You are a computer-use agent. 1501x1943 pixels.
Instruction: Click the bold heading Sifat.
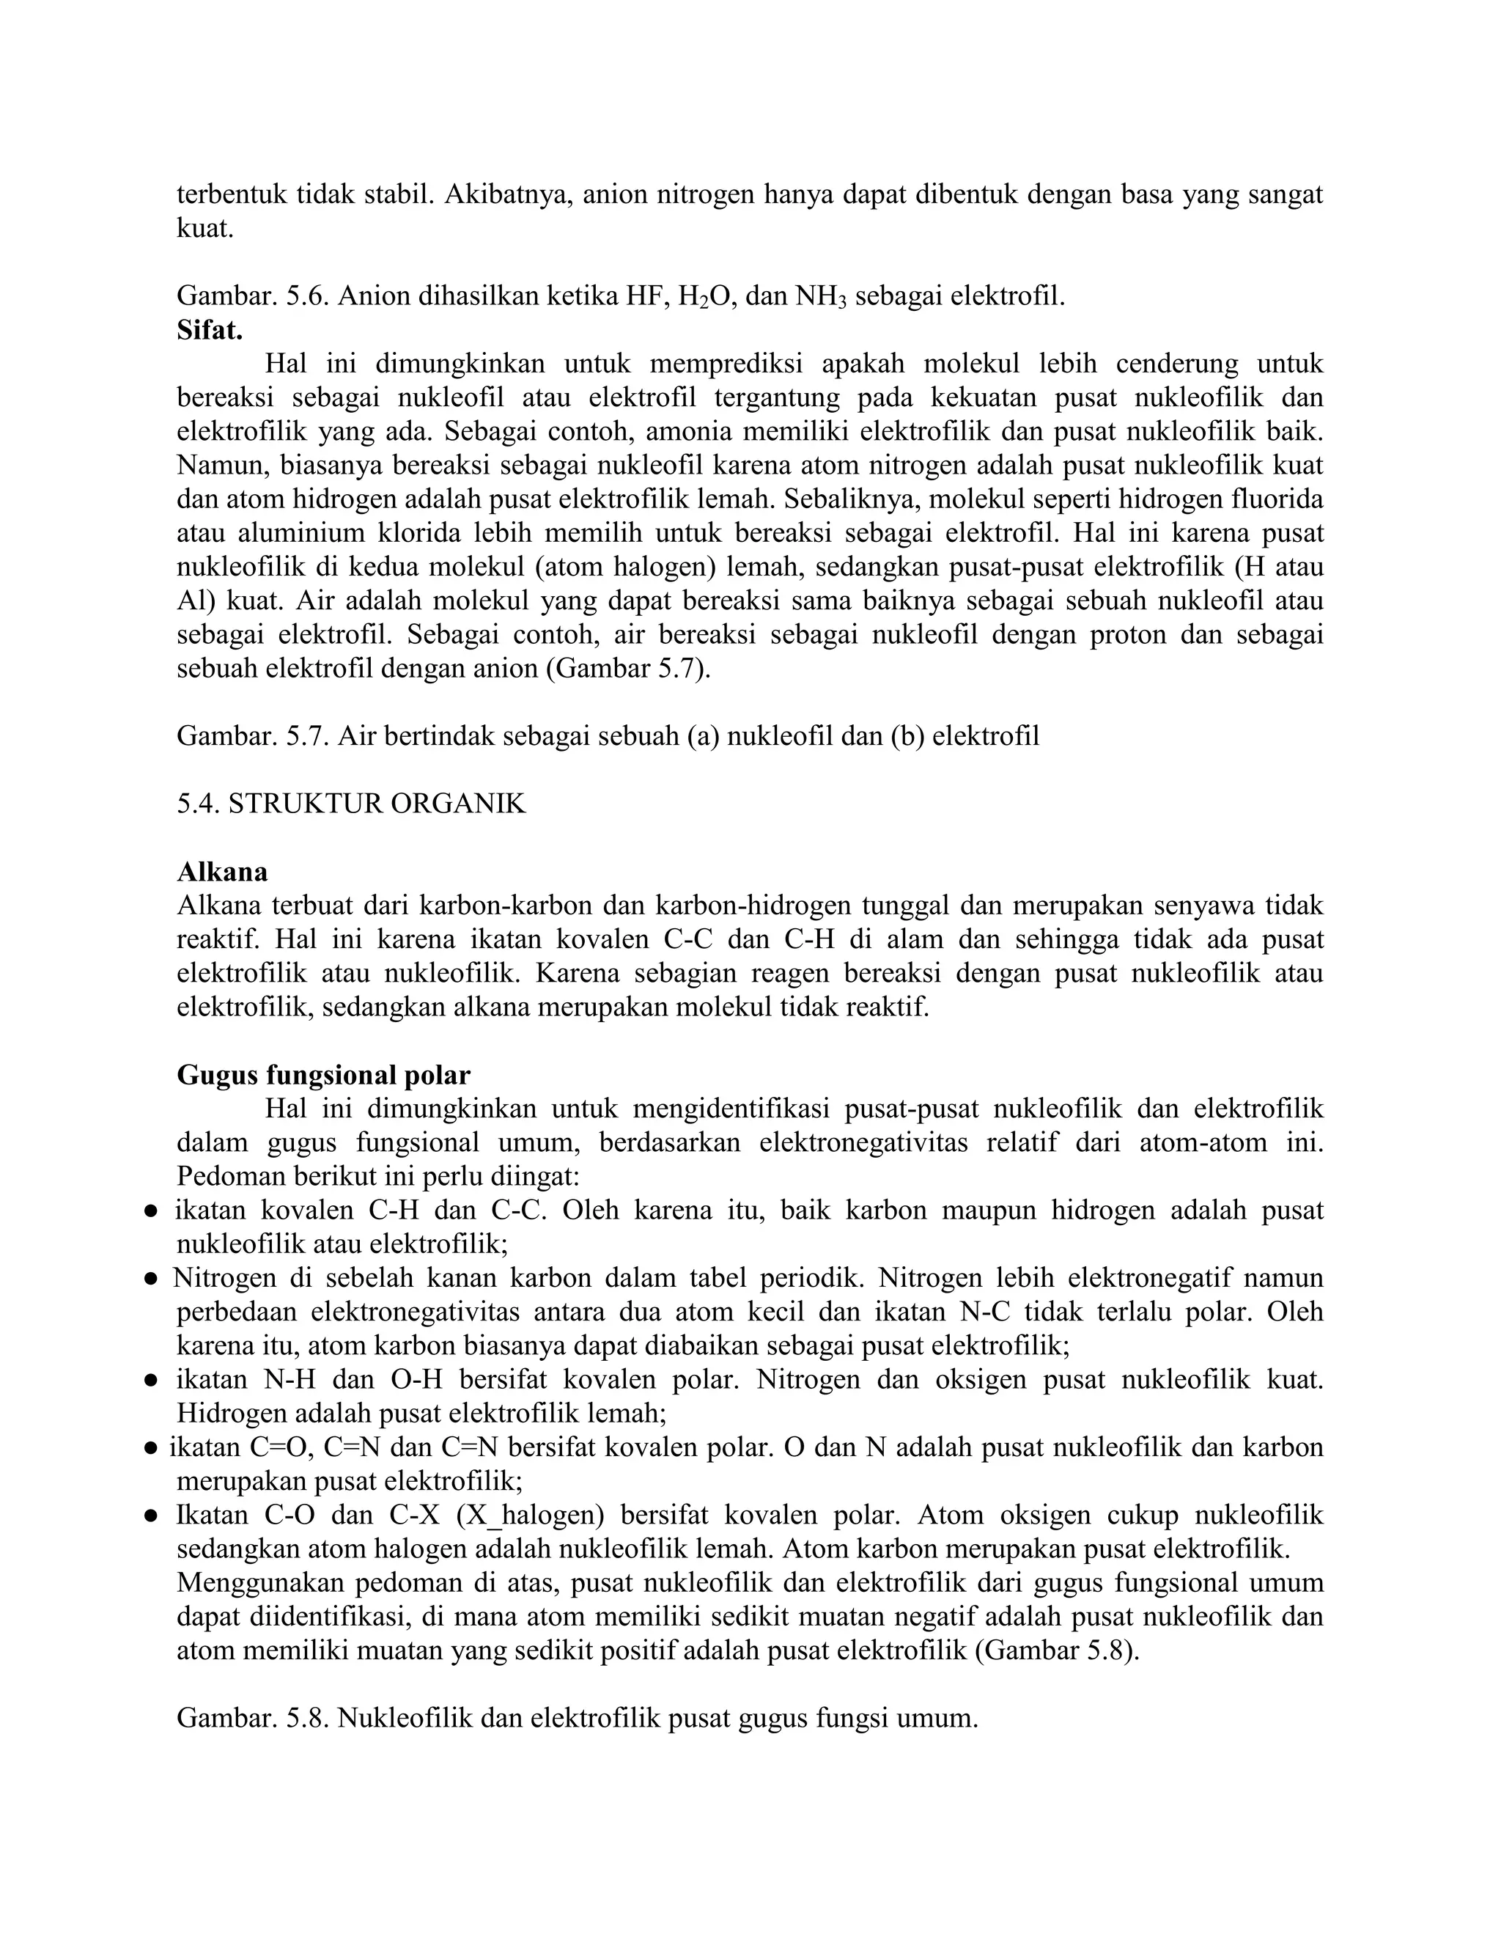coord(210,330)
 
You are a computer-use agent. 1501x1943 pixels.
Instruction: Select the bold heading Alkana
coord(222,871)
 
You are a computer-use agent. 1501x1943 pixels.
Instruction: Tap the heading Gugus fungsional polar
coord(324,1075)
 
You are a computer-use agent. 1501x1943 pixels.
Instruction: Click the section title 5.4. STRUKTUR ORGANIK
coord(351,804)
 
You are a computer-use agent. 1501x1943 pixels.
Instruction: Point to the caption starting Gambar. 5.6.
coord(621,296)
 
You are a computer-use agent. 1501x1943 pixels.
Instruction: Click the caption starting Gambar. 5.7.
coord(608,735)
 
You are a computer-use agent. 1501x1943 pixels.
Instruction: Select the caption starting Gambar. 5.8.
coord(577,1717)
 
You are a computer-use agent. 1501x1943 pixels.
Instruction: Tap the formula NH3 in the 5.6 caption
coord(821,296)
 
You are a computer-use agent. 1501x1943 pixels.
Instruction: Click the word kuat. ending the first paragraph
coord(205,229)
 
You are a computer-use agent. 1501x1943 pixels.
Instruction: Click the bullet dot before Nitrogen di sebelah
coord(152,1279)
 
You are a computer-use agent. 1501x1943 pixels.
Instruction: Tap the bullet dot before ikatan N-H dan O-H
coord(152,1381)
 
